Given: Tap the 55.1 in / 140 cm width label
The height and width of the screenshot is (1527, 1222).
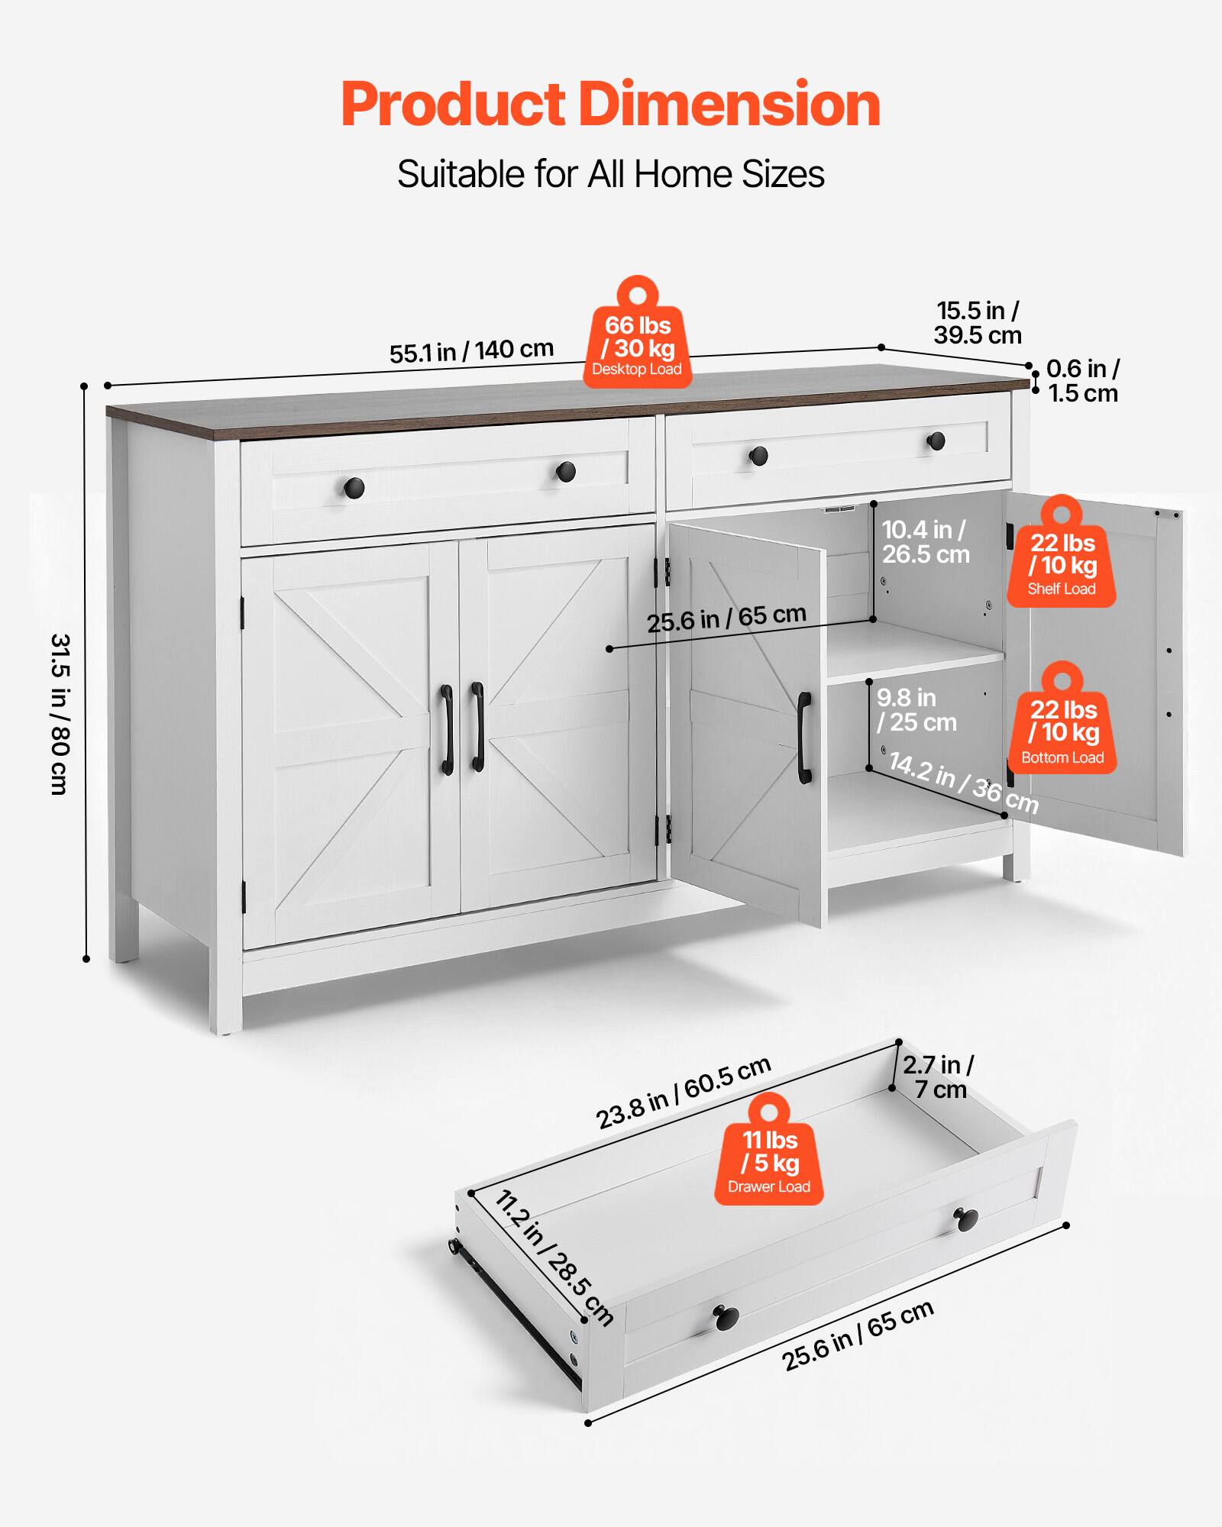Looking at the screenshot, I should pos(471,351).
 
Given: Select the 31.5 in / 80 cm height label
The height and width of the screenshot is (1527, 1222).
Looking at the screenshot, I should pos(60,714).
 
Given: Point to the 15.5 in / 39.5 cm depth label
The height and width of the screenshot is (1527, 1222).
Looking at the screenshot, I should pos(978,322).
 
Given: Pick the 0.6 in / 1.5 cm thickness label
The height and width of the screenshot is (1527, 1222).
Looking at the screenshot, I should pos(1082,380).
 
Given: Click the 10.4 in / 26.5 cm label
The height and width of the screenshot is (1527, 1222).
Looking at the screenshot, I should pos(925,541).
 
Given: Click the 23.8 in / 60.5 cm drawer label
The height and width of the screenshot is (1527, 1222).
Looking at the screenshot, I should pos(684,1093).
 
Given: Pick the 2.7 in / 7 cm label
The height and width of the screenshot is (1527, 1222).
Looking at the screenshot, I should pos(939,1077).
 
